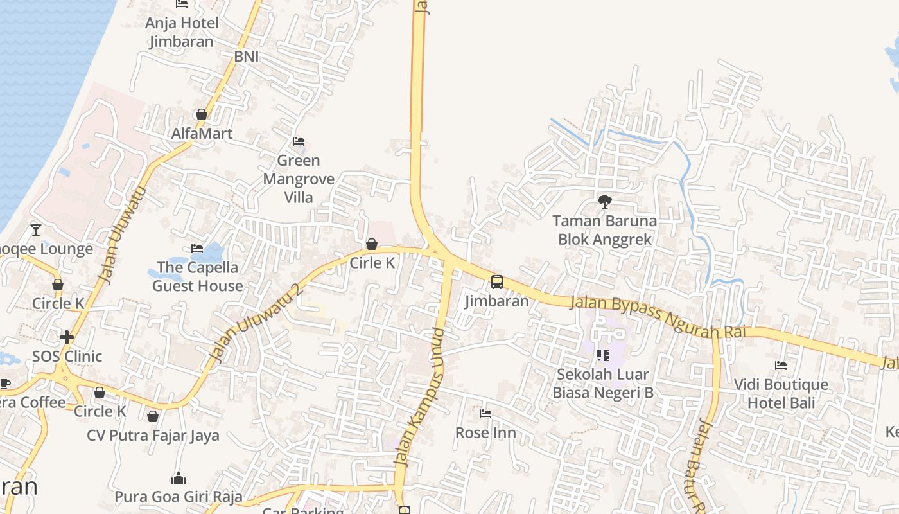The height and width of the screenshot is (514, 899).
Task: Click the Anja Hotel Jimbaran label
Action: pos(182,33)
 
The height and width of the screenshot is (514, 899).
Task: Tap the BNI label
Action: pos(247,57)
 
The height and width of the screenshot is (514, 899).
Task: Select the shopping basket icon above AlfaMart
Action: pos(202,115)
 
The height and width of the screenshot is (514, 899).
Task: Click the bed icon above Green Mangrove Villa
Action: pos(299,141)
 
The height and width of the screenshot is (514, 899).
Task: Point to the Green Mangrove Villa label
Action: pos(299,179)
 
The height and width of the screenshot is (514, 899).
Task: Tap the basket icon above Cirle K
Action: pos(372,244)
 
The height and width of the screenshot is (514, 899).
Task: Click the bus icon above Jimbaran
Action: pos(497,282)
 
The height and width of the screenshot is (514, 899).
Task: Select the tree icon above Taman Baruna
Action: pos(604,202)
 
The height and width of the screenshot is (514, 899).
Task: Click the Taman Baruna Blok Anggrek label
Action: pos(605,231)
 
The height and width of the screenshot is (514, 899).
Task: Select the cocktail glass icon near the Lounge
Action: pos(36,229)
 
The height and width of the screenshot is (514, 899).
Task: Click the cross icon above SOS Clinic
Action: pos(67,337)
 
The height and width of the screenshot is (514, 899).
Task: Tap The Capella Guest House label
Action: pos(197,276)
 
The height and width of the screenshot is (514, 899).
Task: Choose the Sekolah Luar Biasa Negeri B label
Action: pos(603,383)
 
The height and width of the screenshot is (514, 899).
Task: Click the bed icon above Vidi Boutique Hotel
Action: pos(781,366)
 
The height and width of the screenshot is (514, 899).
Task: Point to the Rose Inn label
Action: pos(485,432)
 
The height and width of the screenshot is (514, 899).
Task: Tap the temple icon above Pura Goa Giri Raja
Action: pos(179,478)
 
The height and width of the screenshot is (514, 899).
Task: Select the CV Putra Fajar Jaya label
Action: pos(153,436)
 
